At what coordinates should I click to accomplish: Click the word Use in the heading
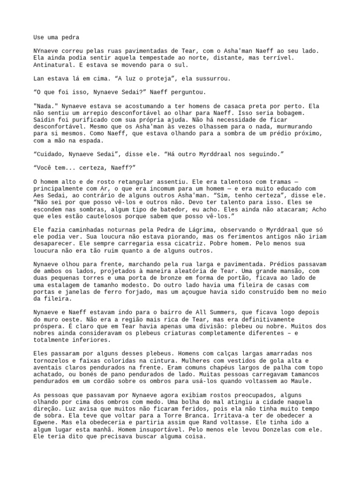coord(39,37)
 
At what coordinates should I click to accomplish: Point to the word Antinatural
coord(54,64)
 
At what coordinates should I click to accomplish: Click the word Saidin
coord(45,119)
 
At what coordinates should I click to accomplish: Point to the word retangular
coord(121,181)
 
